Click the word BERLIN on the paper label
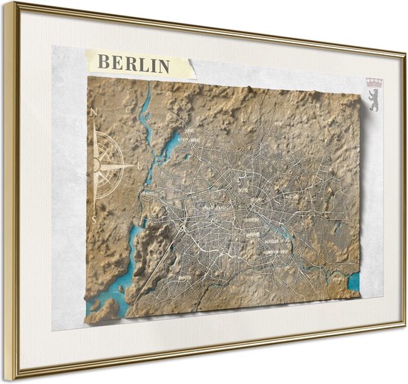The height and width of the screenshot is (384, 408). [x=134, y=64]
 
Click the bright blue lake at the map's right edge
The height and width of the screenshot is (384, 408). [x=353, y=282]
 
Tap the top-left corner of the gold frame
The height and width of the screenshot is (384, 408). [x=8, y=5]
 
